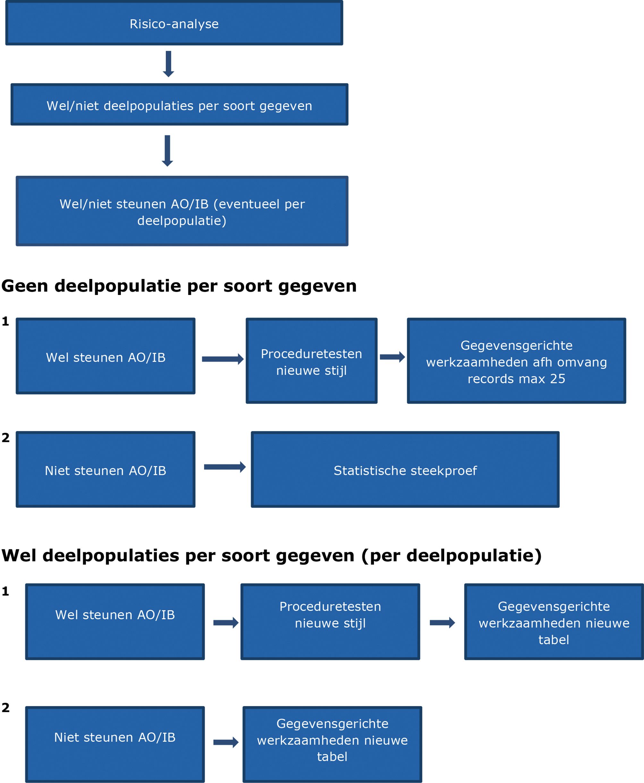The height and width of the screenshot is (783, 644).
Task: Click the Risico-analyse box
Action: pyautogui.click(x=174, y=23)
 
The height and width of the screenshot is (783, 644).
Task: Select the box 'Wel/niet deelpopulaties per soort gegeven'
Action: pyautogui.click(x=179, y=105)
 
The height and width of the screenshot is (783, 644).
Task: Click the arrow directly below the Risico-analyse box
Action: pyautogui.click(x=168, y=64)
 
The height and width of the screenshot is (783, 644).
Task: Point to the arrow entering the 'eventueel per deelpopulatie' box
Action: pyautogui.click(x=167, y=151)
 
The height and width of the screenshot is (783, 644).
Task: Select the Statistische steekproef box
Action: pyautogui.click(x=405, y=469)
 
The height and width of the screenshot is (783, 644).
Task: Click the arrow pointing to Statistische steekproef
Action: pyautogui.click(x=225, y=467)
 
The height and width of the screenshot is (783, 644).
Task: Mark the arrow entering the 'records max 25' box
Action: pyautogui.click(x=393, y=357)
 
